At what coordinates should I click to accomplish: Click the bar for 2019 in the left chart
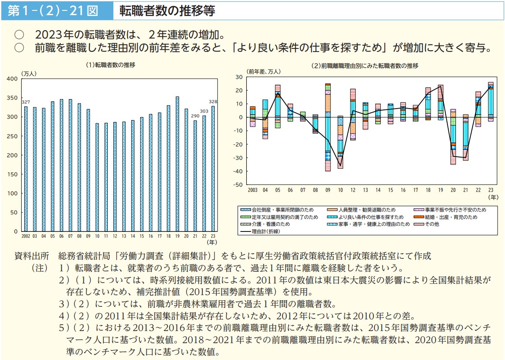point(177,164)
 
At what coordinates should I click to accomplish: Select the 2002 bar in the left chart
point(26,169)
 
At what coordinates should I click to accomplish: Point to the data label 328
point(213,102)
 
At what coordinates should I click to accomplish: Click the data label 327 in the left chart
point(26,102)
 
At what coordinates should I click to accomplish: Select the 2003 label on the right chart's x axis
point(253,190)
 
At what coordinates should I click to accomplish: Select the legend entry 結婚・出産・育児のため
point(454,217)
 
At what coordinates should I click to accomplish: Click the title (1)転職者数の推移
point(110,65)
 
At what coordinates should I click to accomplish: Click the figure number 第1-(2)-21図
point(53,11)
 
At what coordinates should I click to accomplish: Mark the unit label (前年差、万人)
point(263,71)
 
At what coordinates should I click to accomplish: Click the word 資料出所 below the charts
point(32,256)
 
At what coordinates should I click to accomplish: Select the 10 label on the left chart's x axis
point(97,236)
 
